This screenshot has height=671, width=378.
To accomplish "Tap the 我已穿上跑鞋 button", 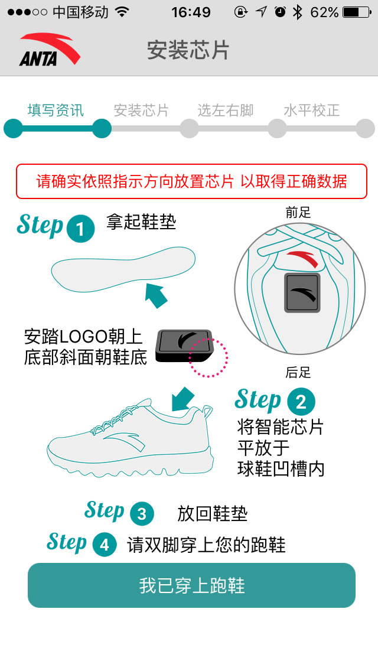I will coord(191,585).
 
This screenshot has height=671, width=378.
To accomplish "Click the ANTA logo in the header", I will coord(49,50).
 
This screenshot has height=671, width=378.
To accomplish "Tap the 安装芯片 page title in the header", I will coord(188,50).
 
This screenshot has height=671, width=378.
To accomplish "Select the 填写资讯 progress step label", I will coord(56,110).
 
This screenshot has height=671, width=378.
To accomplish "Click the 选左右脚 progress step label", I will coord(225,110).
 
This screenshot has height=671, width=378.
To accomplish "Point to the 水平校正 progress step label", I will coord(312,110).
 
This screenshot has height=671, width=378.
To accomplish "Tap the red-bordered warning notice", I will coord(191,181).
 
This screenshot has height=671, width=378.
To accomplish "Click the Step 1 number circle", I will coord(81,229).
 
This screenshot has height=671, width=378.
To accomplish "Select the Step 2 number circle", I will coord(301,402).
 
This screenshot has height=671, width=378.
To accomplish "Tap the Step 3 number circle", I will coord(141,514).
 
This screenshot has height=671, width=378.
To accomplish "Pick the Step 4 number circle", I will coord(105,545).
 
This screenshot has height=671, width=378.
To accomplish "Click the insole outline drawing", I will coord(123,269).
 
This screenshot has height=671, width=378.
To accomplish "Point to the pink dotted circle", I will coord(208,357).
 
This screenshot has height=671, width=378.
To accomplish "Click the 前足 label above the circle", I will coord(298,213).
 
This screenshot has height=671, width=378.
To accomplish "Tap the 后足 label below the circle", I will coord(298,372).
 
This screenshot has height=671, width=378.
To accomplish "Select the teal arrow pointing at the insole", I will coord(157,294).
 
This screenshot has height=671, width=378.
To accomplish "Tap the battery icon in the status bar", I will coord(359,12).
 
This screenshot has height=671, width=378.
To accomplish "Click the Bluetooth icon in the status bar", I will coord(297,12).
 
